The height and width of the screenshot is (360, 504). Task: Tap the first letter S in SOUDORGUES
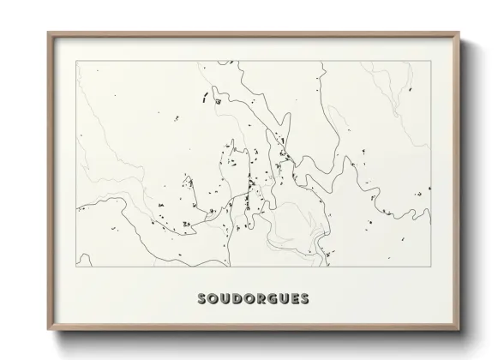201,300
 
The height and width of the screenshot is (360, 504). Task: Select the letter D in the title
234,300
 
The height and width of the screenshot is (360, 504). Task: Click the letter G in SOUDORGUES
269,300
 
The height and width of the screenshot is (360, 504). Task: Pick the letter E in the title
291,300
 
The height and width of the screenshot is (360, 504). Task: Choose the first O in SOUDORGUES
212,300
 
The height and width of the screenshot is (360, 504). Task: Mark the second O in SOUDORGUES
246,300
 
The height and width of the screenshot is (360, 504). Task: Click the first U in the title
223,300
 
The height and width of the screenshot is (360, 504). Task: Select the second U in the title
281,300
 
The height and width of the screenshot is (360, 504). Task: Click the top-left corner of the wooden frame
47,33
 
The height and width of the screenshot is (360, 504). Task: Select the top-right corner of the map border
428,61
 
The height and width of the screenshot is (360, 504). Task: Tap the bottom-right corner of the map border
428,267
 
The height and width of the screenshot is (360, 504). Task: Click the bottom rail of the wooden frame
254,329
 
